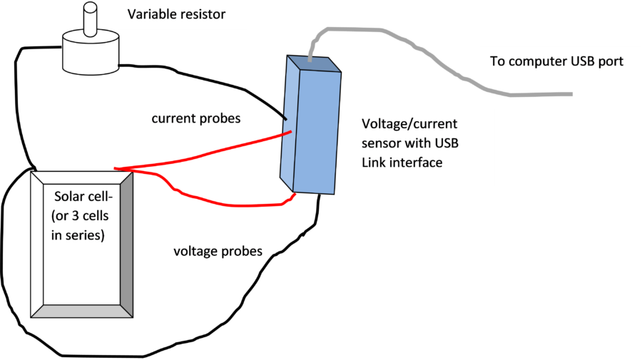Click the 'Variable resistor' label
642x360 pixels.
(175, 14)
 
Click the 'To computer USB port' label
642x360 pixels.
(556, 61)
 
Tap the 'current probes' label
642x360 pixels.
(195, 119)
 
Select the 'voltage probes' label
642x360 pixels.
(218, 252)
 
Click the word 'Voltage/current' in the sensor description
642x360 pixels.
(409, 124)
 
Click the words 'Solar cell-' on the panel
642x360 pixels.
(83, 196)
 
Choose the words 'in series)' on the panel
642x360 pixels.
(78, 235)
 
